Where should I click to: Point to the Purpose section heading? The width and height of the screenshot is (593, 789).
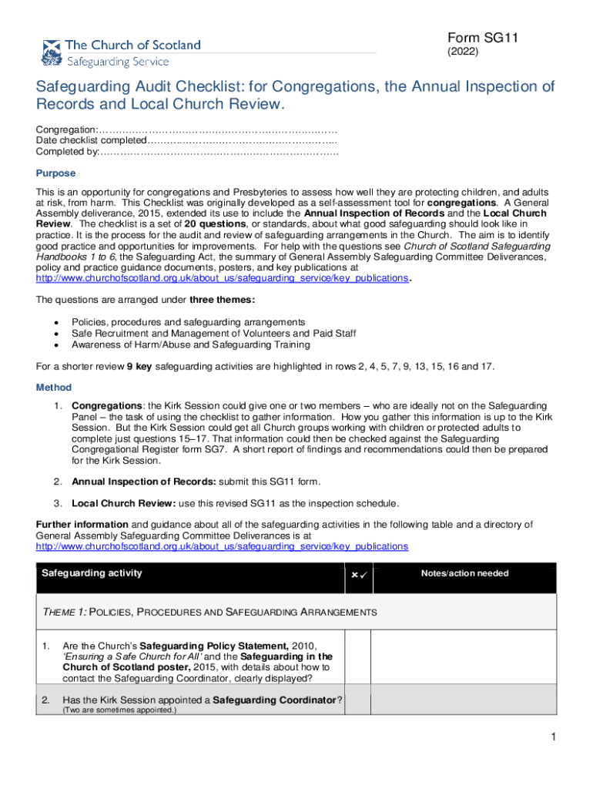click(55, 174)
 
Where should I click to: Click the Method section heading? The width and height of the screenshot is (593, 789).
click(54, 388)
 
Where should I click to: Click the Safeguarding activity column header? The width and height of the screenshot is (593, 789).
click(92, 573)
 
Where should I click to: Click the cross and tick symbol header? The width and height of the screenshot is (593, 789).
click(358, 576)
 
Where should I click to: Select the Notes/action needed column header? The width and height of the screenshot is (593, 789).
click(464, 573)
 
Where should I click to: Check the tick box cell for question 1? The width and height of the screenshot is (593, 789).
click(357, 660)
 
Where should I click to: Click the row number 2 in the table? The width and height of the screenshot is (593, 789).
click(46, 700)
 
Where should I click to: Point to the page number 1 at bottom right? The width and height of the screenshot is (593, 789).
click(553, 738)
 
